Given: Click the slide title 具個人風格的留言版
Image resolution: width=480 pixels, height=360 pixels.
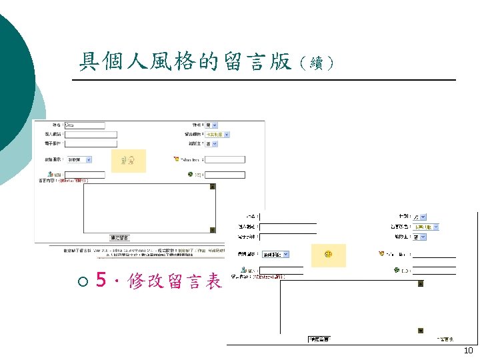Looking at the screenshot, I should [185, 62].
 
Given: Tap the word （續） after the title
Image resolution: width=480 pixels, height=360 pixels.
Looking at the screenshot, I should [313, 64].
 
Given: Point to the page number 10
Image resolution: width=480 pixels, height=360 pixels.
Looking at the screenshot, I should [468, 351].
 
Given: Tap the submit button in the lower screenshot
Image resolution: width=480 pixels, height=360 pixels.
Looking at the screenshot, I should [318, 339].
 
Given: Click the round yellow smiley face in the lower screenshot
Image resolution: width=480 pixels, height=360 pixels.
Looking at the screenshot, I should [328, 255].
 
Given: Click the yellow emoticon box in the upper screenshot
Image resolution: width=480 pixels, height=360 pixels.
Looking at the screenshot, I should [128, 160].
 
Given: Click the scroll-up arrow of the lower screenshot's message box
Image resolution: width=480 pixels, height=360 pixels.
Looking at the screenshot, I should [420, 283].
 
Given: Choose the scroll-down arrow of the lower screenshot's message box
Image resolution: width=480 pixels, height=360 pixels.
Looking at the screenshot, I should [420, 331].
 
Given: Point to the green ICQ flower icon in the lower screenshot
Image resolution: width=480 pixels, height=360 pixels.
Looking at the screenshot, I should [397, 270].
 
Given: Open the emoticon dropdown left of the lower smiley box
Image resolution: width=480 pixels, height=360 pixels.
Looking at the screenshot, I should [285, 254].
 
